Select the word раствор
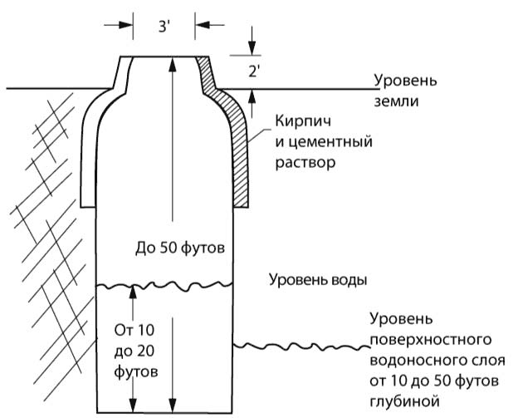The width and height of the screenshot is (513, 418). (x=304, y=163)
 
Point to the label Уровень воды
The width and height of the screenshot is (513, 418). (x=317, y=279)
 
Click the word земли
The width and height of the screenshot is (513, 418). (x=395, y=101)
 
